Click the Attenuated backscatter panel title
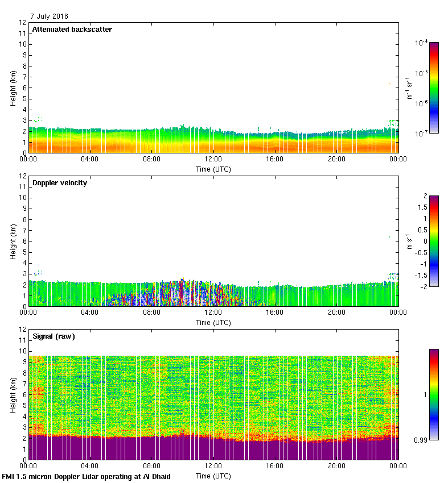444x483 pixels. coord(72,30)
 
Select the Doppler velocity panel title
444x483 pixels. coord(59,183)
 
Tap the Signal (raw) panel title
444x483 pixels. coord(54,336)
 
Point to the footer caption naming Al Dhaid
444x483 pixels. coord(87,476)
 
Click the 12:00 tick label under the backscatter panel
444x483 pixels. coord(213,160)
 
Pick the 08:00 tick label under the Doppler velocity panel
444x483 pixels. coord(151,313)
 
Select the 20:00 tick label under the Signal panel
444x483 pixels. coord(336,467)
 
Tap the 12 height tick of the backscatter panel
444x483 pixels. coord(23,23)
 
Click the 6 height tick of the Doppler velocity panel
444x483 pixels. coord(24,241)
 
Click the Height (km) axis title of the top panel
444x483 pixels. coord(13,88)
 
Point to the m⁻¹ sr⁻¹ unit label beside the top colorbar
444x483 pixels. coord(409,88)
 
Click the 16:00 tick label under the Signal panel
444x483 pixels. coord(275,467)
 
